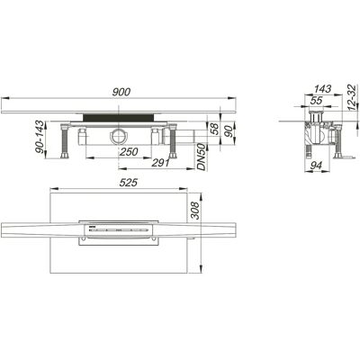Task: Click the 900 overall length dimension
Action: click(x=121, y=92)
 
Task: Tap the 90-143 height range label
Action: click(x=40, y=137)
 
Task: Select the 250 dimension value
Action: click(x=129, y=152)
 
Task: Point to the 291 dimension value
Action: click(x=160, y=163)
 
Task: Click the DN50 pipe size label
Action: click(x=202, y=157)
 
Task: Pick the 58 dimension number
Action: click(x=214, y=129)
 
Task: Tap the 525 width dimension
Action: click(x=128, y=183)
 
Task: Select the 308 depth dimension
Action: click(x=194, y=211)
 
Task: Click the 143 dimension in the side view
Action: click(x=323, y=89)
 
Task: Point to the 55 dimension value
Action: click(x=316, y=101)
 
